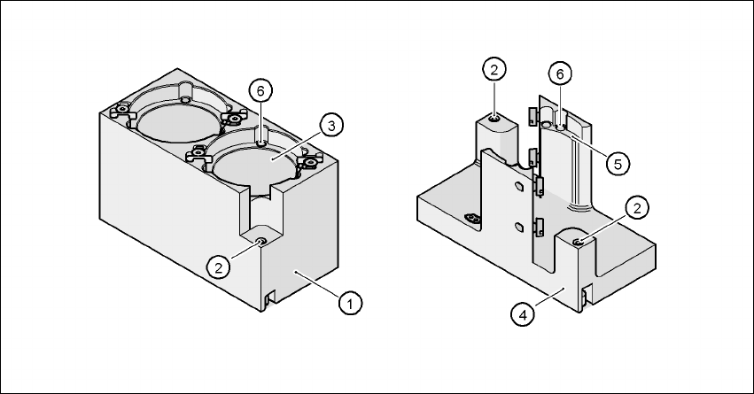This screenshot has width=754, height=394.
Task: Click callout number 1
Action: pos(351,303)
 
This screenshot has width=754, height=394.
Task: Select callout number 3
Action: pos(329,126)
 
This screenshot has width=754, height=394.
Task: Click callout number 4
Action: pos(525,313)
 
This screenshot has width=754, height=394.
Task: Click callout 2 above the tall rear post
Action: pos(494,69)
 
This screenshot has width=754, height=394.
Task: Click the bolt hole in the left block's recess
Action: pos(260,240)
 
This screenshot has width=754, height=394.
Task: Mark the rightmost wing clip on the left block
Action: pos(310,162)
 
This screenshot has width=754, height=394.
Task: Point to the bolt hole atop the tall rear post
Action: pos(494,117)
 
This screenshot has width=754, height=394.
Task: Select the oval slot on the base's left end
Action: pos(470,218)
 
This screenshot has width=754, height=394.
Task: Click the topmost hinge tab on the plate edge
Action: pos(532,115)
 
